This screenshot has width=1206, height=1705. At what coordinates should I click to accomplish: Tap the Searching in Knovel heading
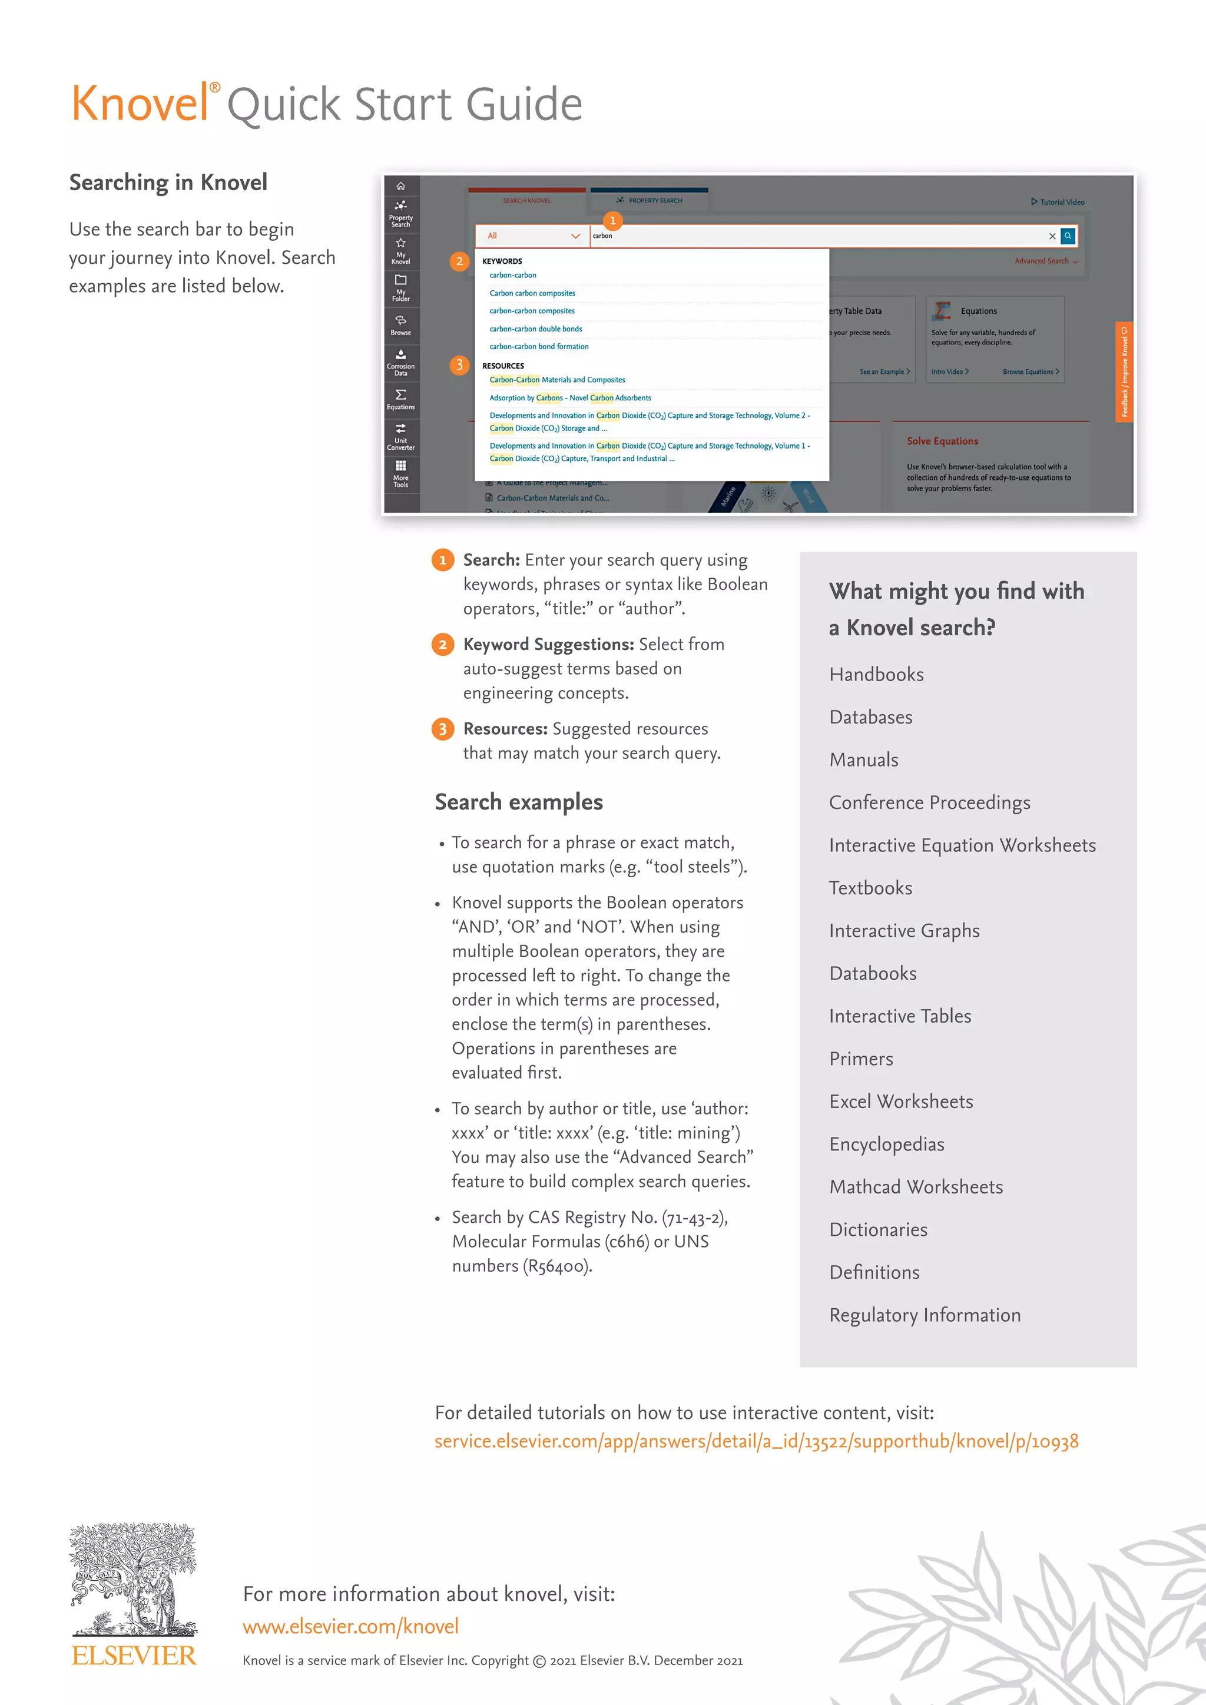[168, 183]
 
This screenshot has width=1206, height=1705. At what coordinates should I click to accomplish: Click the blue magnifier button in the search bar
[1068, 236]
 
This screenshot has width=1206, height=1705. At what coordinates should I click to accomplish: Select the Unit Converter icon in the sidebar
[400, 436]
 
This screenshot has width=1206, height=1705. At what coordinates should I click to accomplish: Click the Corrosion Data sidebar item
[400, 363]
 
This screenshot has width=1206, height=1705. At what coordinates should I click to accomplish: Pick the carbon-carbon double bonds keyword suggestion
[535, 329]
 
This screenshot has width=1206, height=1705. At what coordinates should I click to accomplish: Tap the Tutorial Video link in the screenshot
[1058, 202]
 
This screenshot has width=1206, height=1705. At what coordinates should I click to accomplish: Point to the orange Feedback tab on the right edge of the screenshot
[1124, 371]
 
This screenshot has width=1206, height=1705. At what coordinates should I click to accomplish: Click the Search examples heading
[518, 802]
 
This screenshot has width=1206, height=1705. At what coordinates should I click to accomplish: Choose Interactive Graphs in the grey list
[904, 931]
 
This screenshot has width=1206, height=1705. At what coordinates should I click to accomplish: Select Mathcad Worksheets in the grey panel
[916, 1187]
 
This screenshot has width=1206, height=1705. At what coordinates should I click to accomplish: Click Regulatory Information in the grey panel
[925, 1315]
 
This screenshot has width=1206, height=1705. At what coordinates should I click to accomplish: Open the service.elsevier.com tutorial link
[756, 1441]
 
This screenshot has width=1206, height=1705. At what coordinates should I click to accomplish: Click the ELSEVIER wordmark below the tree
[134, 1656]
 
